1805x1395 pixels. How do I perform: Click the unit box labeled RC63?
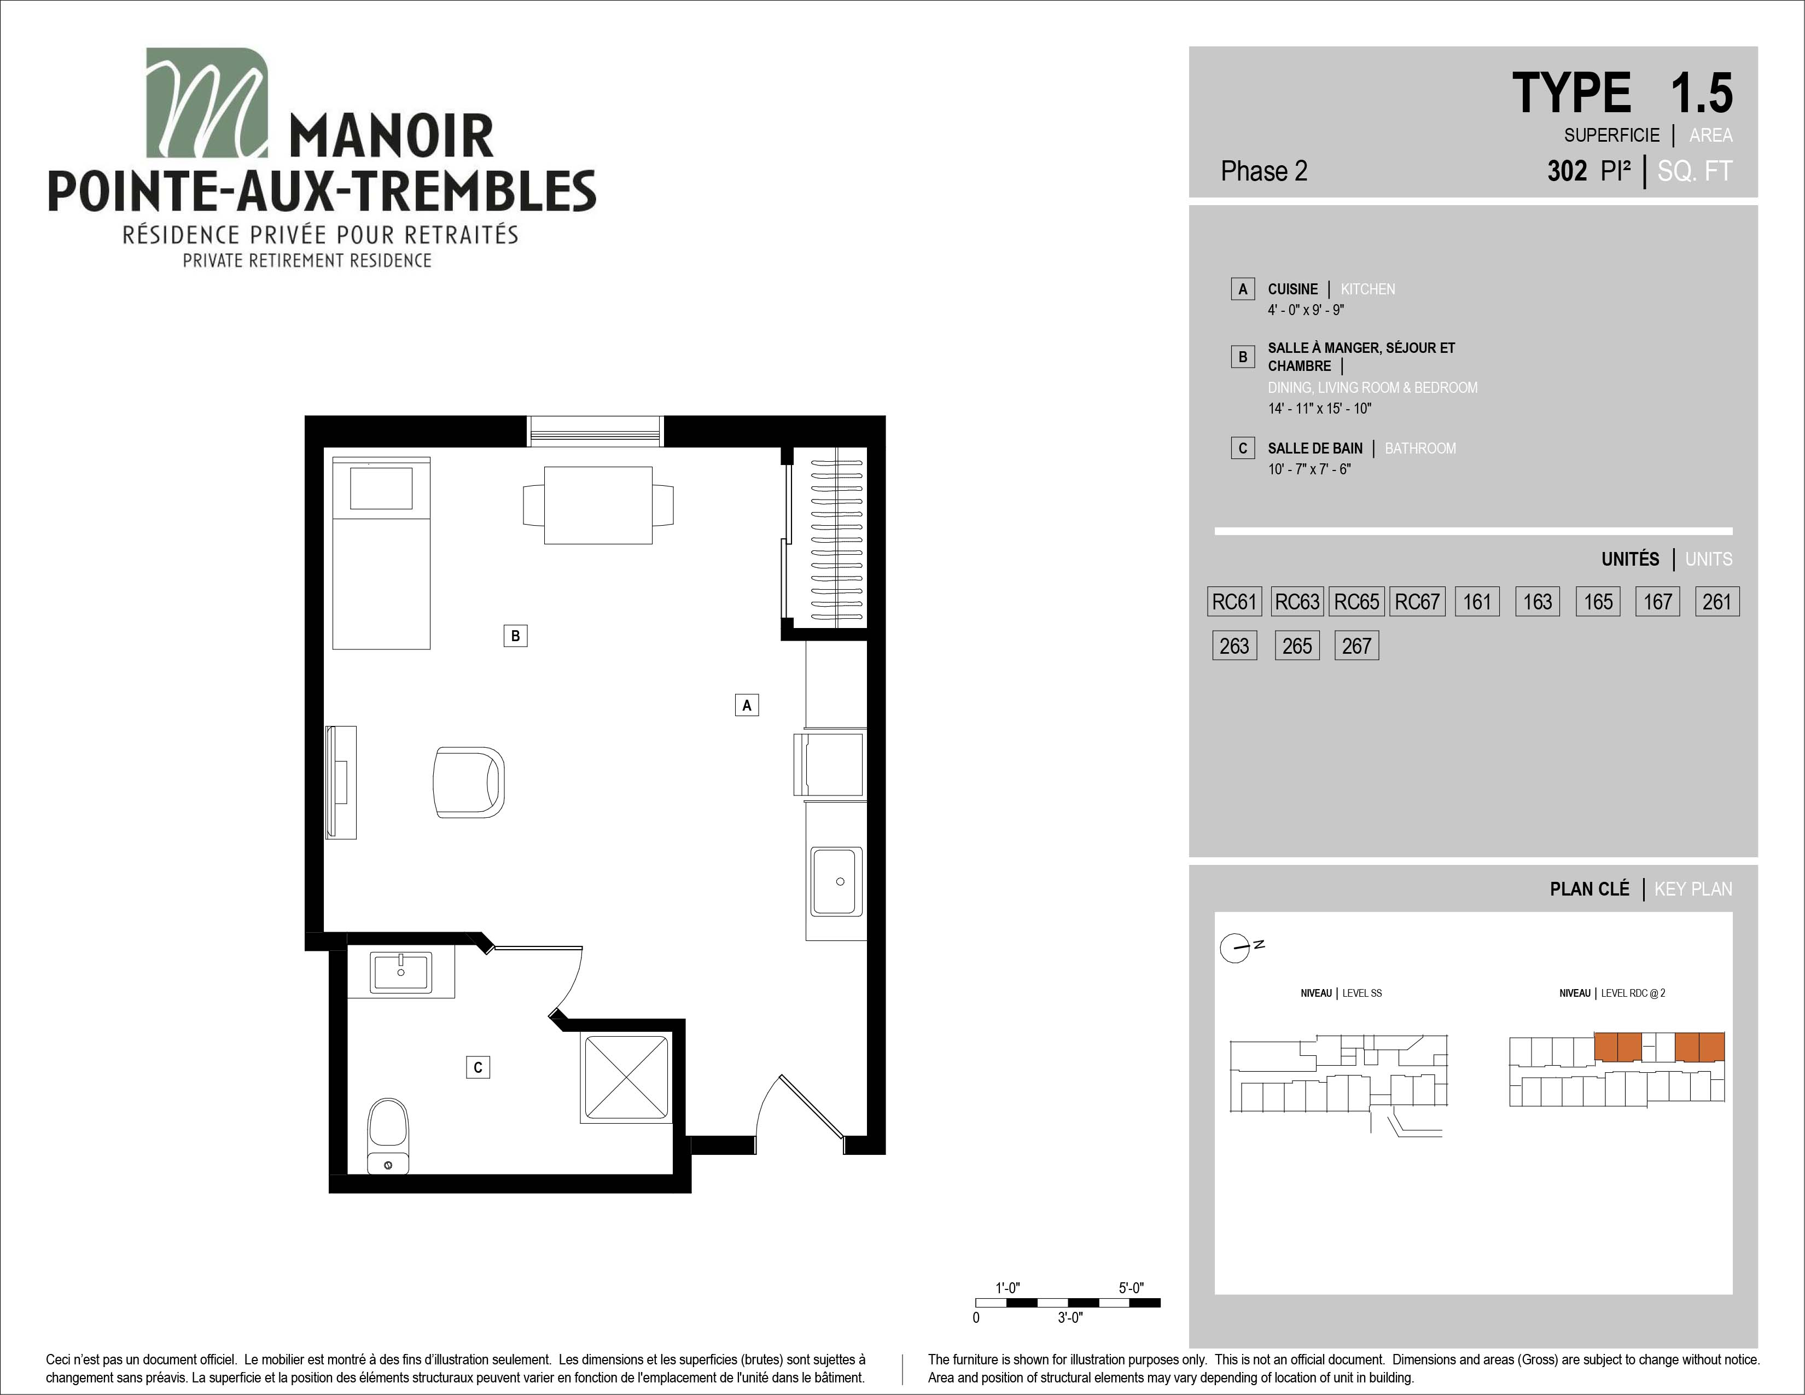pyautogui.click(x=1297, y=602)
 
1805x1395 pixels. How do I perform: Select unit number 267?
pyautogui.click(x=1357, y=646)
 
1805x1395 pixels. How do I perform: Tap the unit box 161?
pyautogui.click(x=1477, y=602)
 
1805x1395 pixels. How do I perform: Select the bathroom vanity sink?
pyautogui.click(x=401, y=972)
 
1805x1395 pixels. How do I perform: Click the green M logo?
pyautogui.click(x=207, y=102)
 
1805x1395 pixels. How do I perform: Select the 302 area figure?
pyautogui.click(x=1567, y=171)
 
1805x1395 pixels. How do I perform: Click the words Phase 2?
pyautogui.click(x=1263, y=171)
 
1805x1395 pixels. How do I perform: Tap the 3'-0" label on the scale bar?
pyautogui.click(x=1070, y=1317)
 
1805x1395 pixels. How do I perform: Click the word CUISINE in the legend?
pyautogui.click(x=1292, y=289)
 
